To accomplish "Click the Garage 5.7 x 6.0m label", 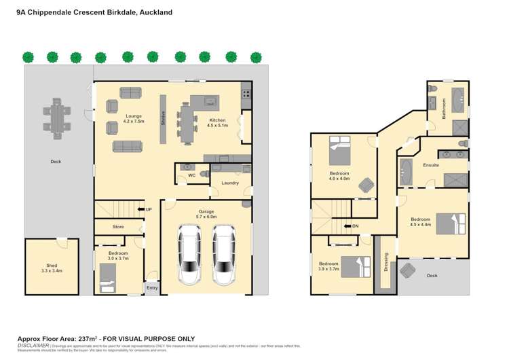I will click(x=206, y=214).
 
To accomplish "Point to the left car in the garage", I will click(x=189, y=254).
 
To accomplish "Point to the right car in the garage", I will click(x=223, y=254).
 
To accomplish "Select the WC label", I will click(x=191, y=176).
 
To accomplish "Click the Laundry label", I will click(x=229, y=183).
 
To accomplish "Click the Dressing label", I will click(x=386, y=261).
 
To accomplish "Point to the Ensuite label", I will click(x=431, y=165).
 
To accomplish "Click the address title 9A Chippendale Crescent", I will click(x=94, y=12).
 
